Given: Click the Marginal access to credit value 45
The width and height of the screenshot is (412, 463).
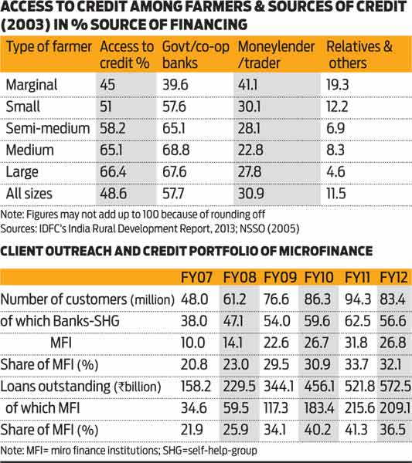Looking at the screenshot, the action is [107, 85].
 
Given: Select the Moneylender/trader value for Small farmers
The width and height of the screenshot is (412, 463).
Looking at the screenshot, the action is [249, 106].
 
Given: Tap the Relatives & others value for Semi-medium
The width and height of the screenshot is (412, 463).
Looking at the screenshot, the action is [335, 128].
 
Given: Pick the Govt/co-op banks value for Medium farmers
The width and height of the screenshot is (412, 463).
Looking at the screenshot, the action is [175, 150].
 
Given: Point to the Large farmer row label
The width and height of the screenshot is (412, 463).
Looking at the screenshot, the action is [22, 172].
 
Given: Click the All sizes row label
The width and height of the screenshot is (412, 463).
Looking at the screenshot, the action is [29, 194].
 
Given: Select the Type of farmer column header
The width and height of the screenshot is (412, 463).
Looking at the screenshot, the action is [49, 47].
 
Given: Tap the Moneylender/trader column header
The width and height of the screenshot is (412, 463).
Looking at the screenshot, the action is [276, 55].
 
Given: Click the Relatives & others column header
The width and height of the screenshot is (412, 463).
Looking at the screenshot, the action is [359, 55].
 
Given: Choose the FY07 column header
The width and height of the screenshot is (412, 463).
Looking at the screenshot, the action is [196, 278].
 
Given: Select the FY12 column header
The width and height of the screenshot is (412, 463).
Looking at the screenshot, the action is [393, 278].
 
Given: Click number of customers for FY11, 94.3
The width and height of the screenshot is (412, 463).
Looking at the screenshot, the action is [357, 299].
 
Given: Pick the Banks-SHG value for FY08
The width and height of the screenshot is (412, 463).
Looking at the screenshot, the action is [233, 321].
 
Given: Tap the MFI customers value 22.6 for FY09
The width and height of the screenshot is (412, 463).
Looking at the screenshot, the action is [276, 343].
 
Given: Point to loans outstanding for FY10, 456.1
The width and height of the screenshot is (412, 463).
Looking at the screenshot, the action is [319, 387].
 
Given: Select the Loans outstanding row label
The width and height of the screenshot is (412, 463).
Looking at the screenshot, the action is [80, 387].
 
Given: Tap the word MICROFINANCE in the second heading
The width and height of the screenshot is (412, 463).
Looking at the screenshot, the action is [325, 252].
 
